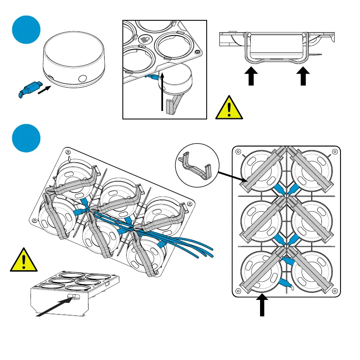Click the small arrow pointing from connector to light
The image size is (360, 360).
point(45,89)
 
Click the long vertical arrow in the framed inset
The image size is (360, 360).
point(162,91)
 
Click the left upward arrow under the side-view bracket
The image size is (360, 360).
point(252,78)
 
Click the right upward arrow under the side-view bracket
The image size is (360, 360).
point(303,78)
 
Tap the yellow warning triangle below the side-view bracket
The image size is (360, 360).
point(229,107)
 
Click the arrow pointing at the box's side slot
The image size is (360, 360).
point(53,307)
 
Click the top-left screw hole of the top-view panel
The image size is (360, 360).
point(238,152)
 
